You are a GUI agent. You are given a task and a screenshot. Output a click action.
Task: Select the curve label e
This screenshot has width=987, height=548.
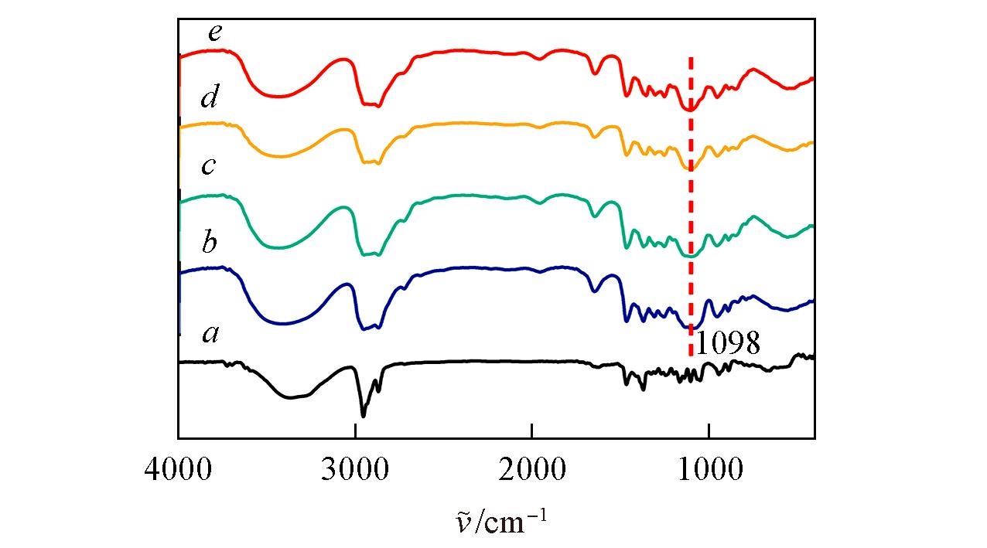(215, 33)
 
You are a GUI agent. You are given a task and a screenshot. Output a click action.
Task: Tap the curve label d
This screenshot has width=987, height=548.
(209, 99)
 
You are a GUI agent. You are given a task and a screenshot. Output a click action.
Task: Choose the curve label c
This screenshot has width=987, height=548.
(208, 166)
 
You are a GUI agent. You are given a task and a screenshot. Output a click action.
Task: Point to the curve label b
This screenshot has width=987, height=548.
(209, 243)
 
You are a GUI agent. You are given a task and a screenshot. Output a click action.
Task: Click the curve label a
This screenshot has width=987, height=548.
(210, 334)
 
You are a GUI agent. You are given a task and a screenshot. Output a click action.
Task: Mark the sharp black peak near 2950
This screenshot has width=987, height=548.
(364, 416)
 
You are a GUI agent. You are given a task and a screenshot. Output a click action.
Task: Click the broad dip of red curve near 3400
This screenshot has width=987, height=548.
(280, 97)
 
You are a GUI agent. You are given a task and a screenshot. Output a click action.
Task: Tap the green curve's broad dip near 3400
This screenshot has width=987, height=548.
(280, 248)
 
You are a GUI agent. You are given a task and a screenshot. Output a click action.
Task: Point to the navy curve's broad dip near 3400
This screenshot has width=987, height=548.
(282, 324)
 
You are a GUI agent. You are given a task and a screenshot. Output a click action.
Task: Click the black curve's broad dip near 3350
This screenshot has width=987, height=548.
(291, 398)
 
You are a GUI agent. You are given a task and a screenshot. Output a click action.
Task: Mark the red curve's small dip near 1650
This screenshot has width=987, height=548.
(594, 73)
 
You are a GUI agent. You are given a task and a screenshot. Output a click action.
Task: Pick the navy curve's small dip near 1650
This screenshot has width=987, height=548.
(594, 291)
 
